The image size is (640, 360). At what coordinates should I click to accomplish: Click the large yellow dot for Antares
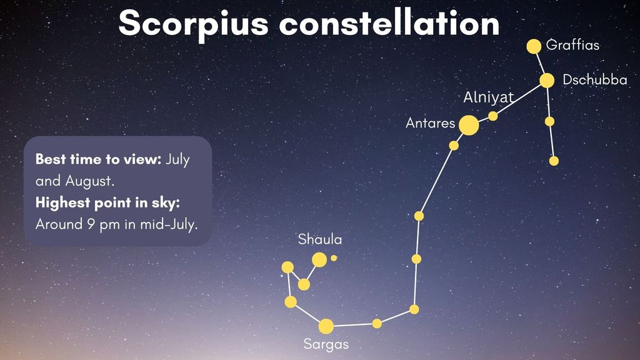pos(469,125)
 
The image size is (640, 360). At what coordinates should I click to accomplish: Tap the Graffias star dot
pos(534,46)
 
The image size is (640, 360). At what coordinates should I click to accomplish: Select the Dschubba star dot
pos(547,81)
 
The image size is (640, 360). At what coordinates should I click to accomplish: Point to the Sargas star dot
pos(326,326)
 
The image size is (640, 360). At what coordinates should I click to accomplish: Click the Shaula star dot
pos(319,259)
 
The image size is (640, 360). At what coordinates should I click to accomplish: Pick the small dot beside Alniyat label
pos(493,116)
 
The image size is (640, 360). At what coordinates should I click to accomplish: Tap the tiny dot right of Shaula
pos(334,257)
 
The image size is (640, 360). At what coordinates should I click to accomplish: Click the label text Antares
pos(430,123)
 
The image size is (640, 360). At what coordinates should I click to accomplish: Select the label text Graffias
pos(572,45)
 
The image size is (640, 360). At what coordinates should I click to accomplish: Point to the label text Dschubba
pos(595,80)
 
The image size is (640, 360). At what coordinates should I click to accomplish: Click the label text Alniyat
pos(488,97)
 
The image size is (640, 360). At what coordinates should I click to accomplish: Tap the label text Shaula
pos(320,239)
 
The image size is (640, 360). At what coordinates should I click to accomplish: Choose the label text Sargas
pos(326,344)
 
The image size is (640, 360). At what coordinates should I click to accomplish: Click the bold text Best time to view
pos(99,159)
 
